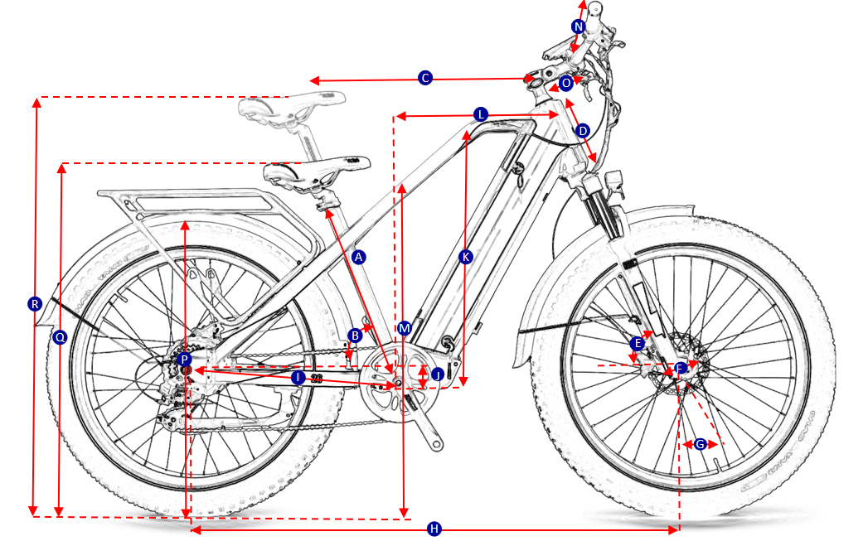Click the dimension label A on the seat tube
[359, 257]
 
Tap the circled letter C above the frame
[424, 78]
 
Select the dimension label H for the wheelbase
[434, 529]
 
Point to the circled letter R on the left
[34, 304]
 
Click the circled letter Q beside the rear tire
[60, 337]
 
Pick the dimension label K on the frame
[465, 257]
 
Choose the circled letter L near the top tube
[481, 114]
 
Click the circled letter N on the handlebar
[579, 27]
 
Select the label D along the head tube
[582, 131]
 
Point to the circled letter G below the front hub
[701, 445]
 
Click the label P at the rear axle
[184, 360]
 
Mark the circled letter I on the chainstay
[298, 377]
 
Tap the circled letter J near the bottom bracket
[437, 374]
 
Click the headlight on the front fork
[614, 181]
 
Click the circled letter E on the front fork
[638, 343]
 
